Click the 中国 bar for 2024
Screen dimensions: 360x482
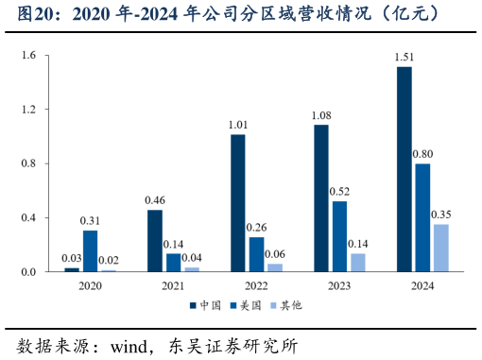tap(405, 169)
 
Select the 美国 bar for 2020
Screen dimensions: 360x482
tap(90, 251)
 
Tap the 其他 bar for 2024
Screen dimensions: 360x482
tap(441, 248)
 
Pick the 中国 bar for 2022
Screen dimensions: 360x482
tap(238, 203)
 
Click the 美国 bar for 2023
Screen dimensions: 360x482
tap(339, 236)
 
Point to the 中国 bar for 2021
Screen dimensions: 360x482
tap(155, 241)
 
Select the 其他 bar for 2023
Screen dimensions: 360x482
tap(358, 263)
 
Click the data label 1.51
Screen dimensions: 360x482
tap(405, 59)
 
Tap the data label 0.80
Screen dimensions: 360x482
tap(423, 155)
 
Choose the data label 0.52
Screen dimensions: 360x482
tap(339, 192)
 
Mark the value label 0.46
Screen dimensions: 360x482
tap(155, 200)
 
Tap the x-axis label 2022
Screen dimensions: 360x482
tap(256, 284)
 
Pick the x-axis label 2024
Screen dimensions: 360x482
tap(422, 284)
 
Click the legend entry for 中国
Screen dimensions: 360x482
tap(206, 306)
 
